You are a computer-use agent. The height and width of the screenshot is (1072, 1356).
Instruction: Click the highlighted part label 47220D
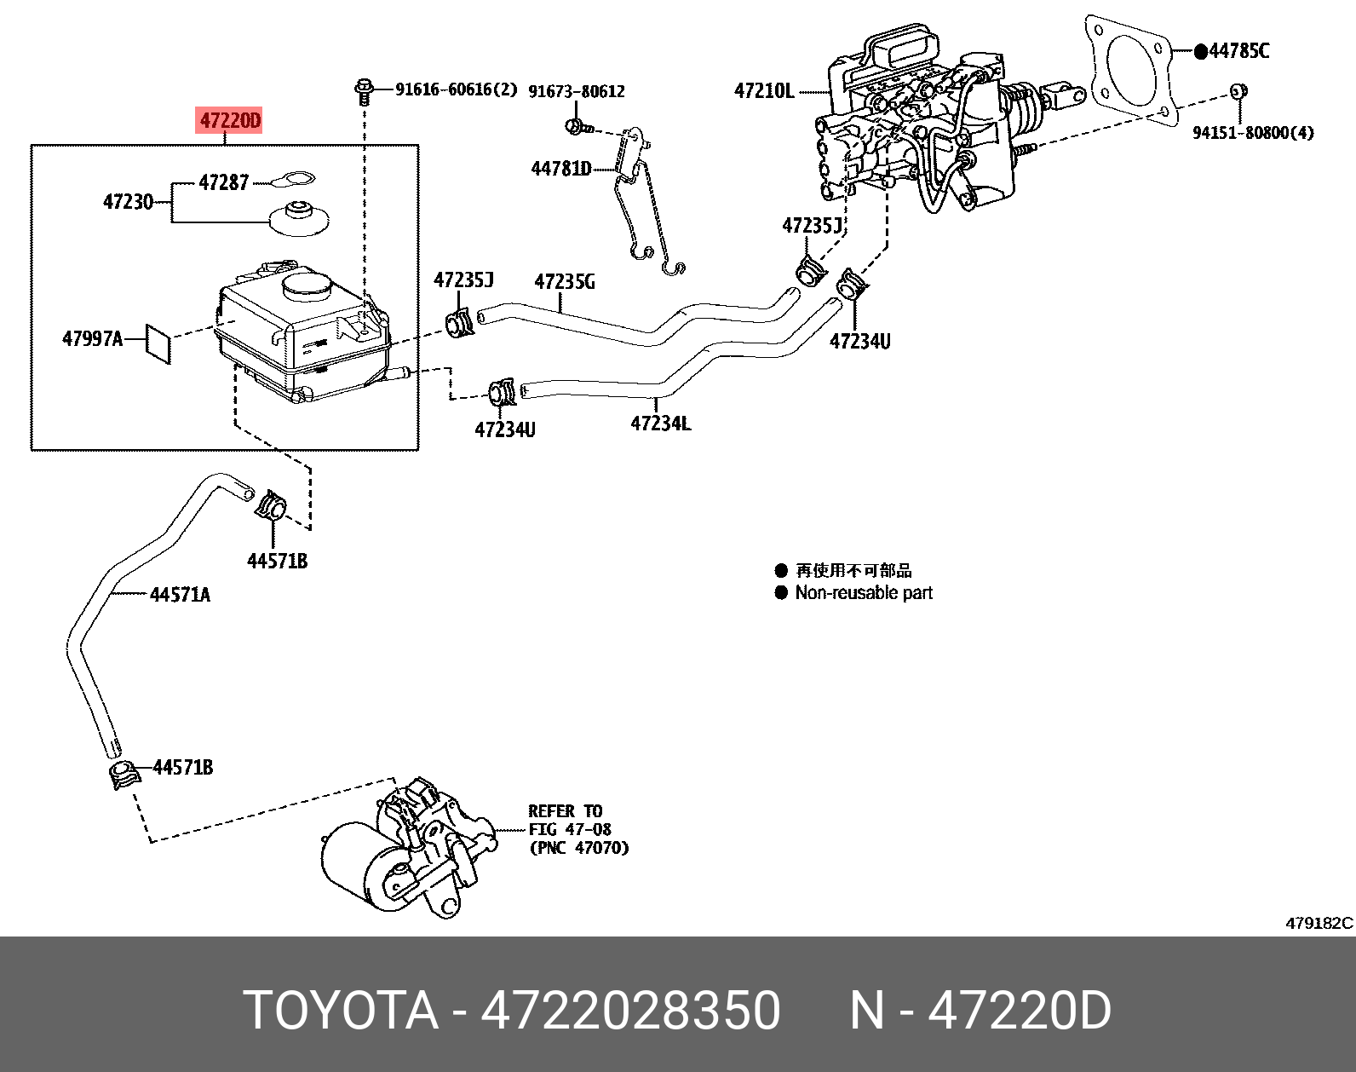(229, 121)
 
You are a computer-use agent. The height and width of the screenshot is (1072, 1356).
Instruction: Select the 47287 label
(223, 182)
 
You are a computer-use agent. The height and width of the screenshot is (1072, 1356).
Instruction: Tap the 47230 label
(128, 202)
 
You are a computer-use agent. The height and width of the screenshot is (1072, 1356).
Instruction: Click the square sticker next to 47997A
(158, 343)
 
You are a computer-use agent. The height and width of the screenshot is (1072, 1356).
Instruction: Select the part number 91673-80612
(577, 91)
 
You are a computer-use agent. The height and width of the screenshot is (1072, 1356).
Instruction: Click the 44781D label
(560, 169)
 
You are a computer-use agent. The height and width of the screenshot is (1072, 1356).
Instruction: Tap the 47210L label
(764, 90)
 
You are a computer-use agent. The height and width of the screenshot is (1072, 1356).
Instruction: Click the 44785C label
(1238, 51)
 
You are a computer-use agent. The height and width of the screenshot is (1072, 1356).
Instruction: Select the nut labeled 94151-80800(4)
(1239, 90)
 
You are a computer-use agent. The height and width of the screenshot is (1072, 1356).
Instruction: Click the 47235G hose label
(565, 282)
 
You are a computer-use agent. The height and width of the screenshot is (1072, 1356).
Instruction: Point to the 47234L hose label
(661, 423)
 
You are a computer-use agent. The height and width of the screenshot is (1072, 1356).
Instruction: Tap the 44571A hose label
(180, 595)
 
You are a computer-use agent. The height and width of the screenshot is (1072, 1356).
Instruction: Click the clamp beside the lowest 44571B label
(124, 775)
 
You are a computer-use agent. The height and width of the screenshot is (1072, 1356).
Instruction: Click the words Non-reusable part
(864, 593)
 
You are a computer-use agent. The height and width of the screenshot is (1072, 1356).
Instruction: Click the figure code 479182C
(1319, 923)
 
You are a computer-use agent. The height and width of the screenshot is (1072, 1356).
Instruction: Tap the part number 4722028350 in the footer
(630, 1011)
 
